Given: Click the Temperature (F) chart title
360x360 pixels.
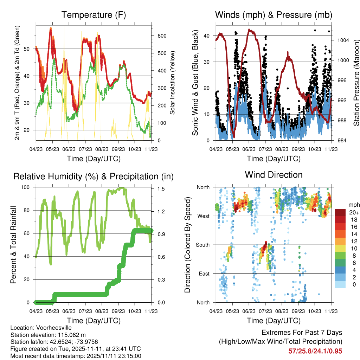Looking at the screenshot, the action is coord(94,15).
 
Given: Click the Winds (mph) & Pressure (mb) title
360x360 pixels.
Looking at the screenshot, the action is coord(274,15).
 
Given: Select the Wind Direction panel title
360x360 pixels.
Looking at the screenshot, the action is coord(274,175).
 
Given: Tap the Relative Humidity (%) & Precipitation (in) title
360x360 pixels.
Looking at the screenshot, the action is coord(94,176).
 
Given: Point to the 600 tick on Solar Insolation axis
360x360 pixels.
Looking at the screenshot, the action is coord(162,36).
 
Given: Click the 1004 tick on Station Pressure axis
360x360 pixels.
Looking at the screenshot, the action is coord(343,40).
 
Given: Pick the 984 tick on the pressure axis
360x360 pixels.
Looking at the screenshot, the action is coord(342,140).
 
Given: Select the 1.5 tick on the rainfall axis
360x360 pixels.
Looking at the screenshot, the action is coord(161,189).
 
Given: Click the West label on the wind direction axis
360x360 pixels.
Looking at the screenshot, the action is coord(204,216).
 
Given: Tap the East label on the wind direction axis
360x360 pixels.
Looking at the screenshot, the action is coord(204,274).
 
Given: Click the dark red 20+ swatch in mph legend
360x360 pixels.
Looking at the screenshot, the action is coord(340,212).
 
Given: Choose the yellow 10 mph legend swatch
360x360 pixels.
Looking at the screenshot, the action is coord(340,249).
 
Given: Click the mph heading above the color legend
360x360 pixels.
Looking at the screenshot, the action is coord(354,205).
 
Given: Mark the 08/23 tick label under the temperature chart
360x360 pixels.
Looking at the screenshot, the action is coord(102,149).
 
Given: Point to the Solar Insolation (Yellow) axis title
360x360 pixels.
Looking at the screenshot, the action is coord(172,83).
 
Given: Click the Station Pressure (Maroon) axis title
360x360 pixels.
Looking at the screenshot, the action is coord(356,83).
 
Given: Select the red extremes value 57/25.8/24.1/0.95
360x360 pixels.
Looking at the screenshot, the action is coord(315,351).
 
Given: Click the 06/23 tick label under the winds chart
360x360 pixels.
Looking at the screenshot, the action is coord(249,149).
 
